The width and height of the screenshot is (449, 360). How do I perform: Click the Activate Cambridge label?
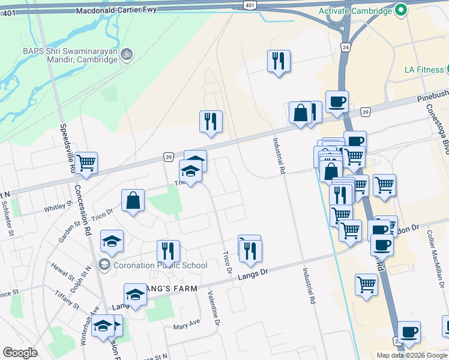tap(355, 11)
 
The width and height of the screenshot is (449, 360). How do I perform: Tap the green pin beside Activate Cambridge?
tap(401, 11)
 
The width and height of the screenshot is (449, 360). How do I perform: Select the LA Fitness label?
tap(423, 70)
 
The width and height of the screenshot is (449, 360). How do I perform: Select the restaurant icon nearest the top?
tap(278, 61)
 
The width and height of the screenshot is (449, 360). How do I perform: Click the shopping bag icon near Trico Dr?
tap(133, 201)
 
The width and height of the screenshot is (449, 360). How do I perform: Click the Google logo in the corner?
tap(20, 353)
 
